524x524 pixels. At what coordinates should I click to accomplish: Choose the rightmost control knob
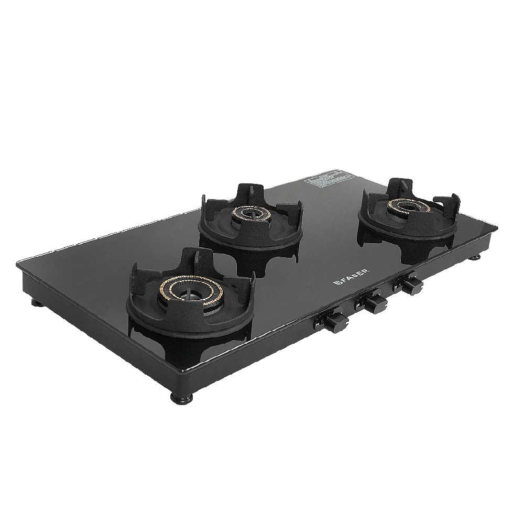pos(411,285)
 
